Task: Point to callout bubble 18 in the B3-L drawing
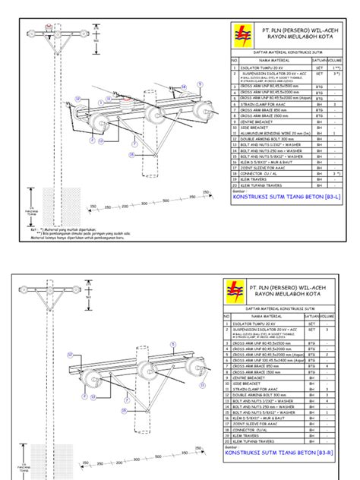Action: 183,87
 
